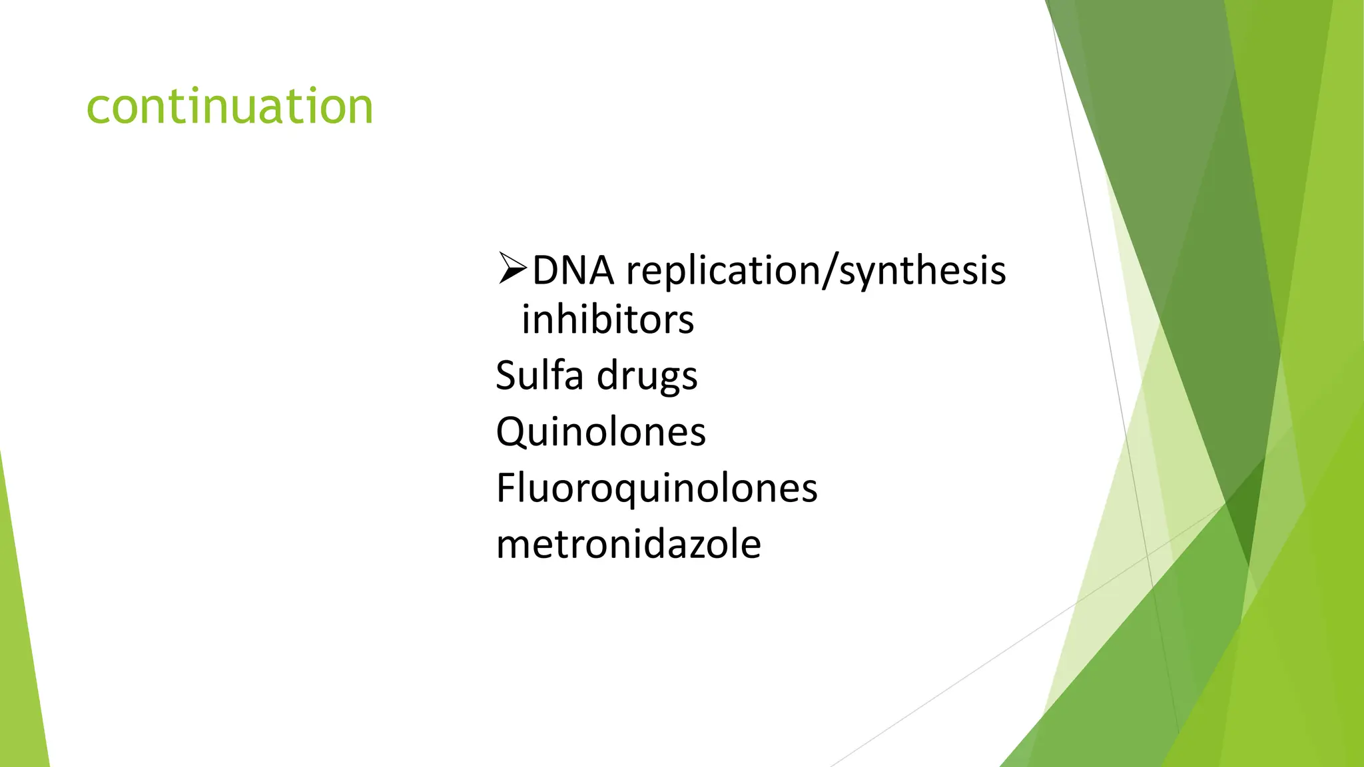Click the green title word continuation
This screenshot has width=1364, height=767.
point(230,107)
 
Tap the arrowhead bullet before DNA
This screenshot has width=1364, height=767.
point(512,269)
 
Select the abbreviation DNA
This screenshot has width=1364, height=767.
point(573,271)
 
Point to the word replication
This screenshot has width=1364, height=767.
point(723,271)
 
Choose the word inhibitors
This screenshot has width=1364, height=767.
point(607,320)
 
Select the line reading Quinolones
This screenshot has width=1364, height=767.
point(601,432)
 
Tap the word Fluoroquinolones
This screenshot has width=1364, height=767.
point(657,488)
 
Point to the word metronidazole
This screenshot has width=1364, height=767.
point(628,544)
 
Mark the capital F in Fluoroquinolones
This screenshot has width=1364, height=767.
point(507,487)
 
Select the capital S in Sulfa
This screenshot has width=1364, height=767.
point(507,376)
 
